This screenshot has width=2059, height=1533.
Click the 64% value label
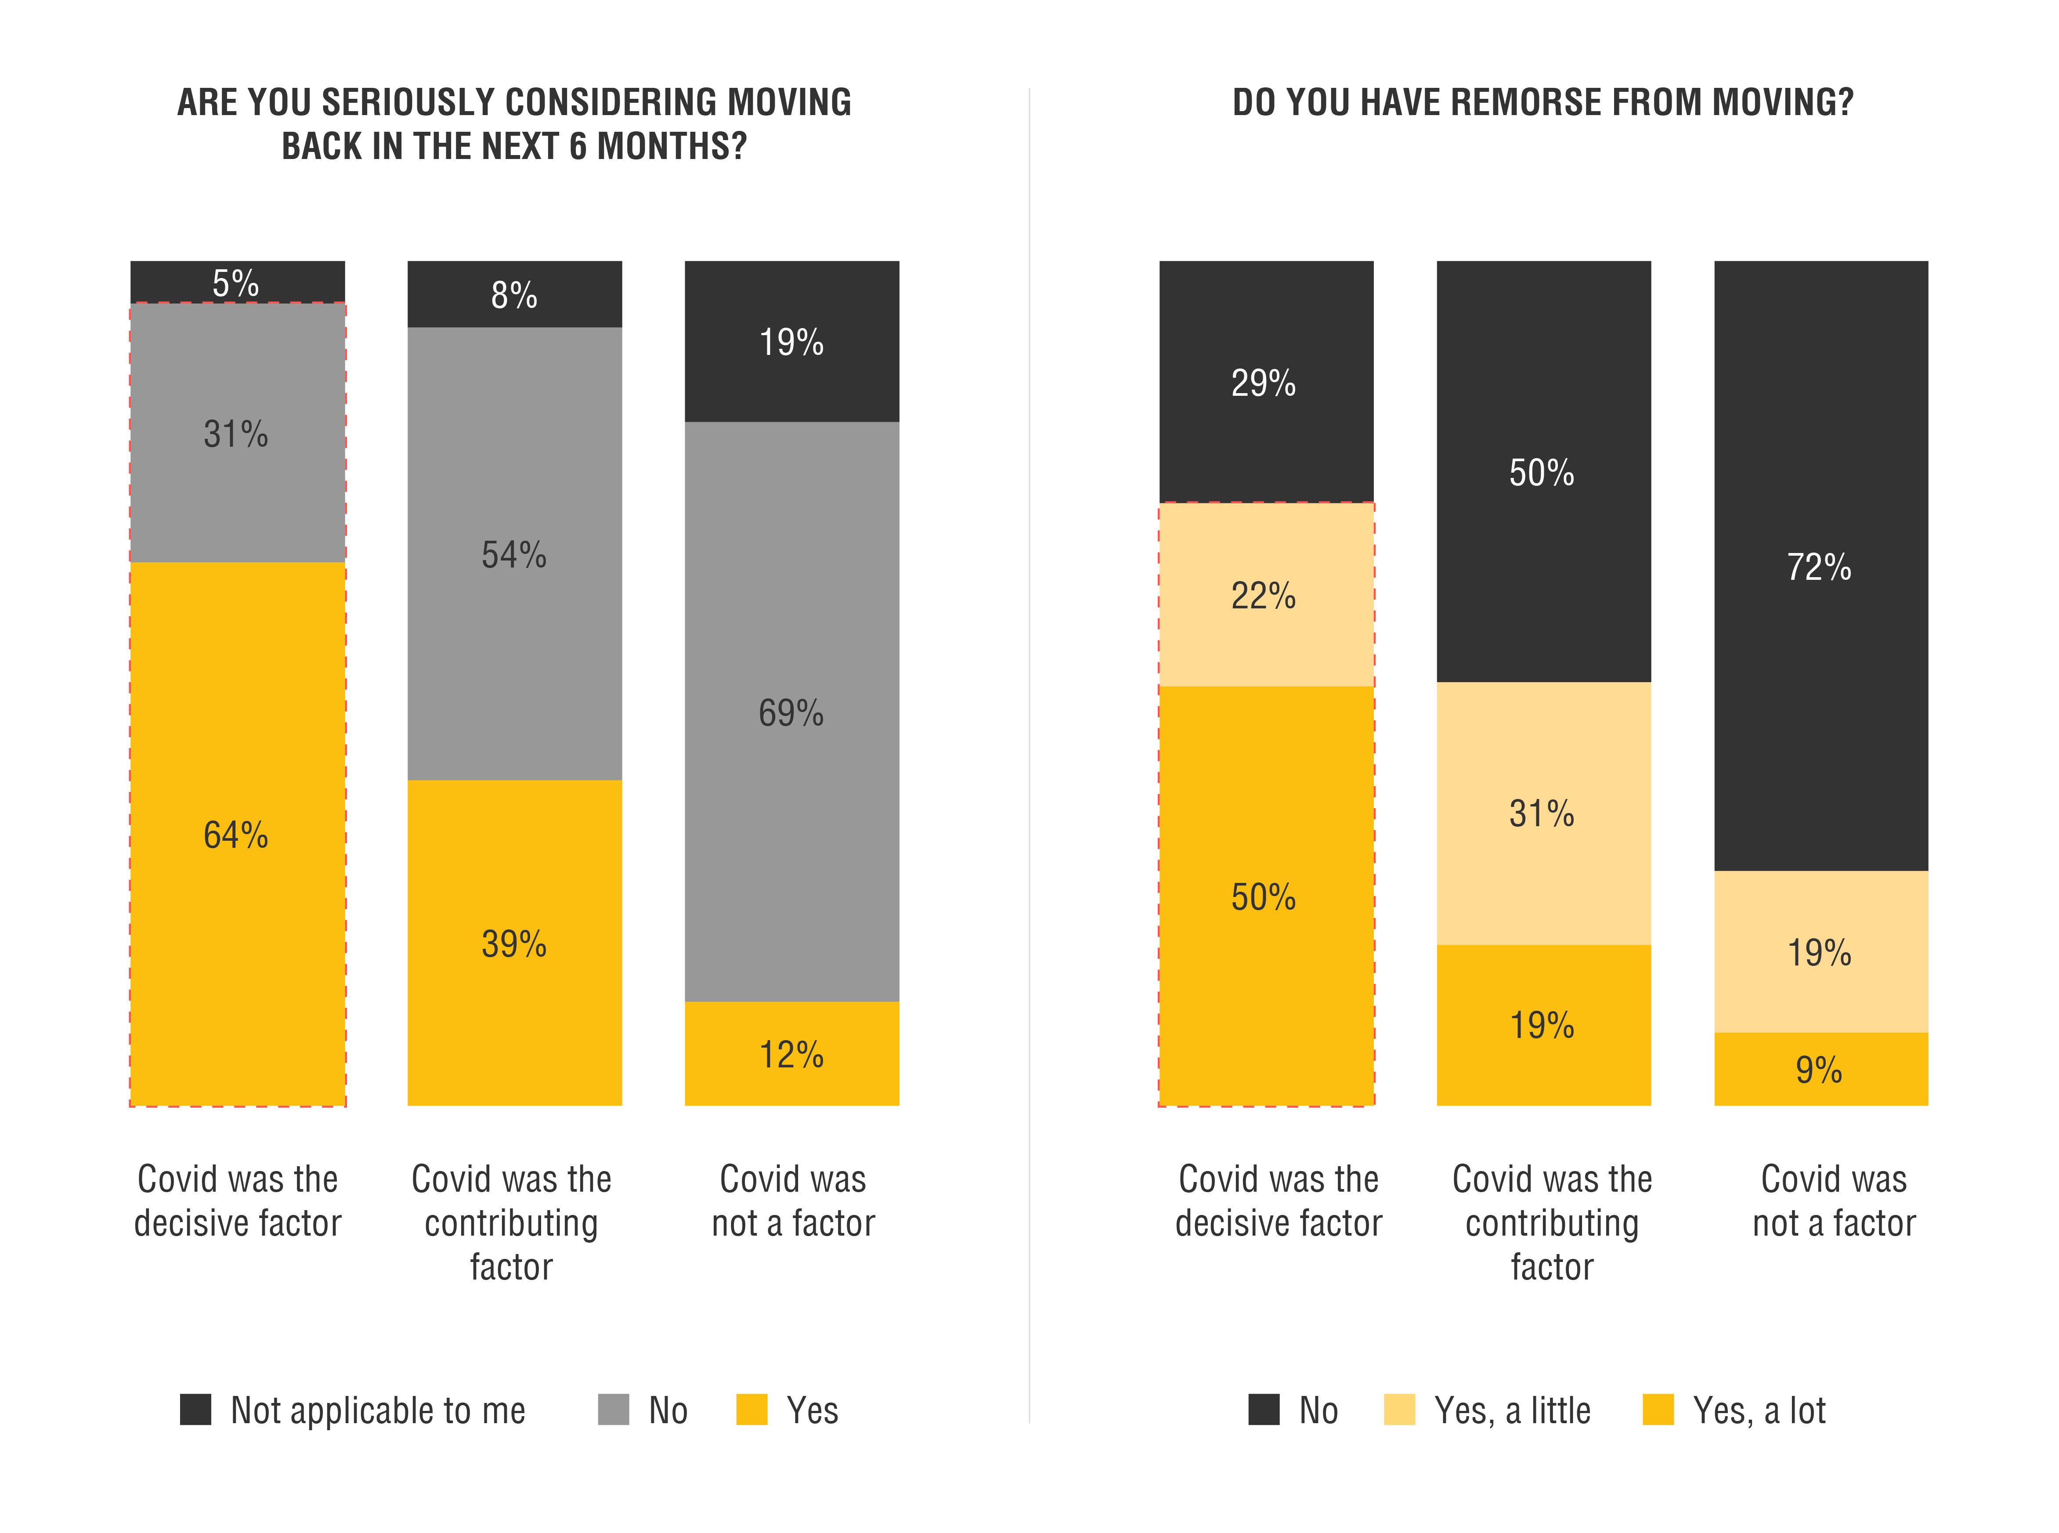(x=236, y=835)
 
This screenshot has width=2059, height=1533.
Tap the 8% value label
(x=514, y=295)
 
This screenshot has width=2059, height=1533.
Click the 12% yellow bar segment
(x=791, y=1077)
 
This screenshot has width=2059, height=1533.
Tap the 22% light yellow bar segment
(x=1266, y=640)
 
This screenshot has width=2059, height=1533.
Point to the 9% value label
(x=1819, y=1070)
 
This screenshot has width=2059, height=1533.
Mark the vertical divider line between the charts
(x=1029, y=742)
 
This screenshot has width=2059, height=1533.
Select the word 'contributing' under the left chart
(x=511, y=1223)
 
